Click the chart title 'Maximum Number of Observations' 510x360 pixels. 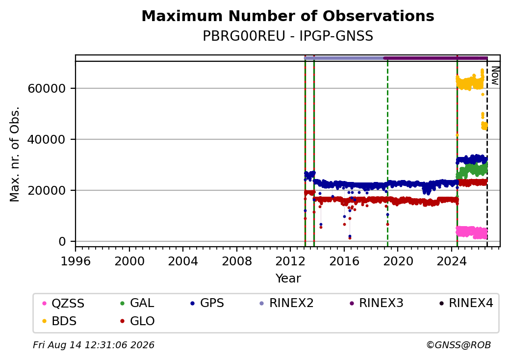coord(288,16)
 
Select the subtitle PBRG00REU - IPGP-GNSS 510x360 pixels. coord(288,36)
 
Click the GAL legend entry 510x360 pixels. coord(137,303)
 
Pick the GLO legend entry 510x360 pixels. coord(137,321)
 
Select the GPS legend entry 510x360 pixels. coord(207,303)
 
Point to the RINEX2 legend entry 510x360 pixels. coord(286,303)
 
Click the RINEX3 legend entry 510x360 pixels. coord(376,303)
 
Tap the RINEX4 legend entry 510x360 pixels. coord(466,303)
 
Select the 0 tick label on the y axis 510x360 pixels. coord(62,242)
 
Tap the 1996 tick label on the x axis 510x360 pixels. coord(76,261)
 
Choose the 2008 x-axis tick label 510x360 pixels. coord(237,261)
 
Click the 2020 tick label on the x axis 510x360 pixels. coord(398,261)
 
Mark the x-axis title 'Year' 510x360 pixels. coord(288,279)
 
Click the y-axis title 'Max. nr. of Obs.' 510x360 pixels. coord(15,154)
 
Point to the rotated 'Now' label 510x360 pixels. coord(495,76)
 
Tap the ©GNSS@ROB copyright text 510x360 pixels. coord(459,345)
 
